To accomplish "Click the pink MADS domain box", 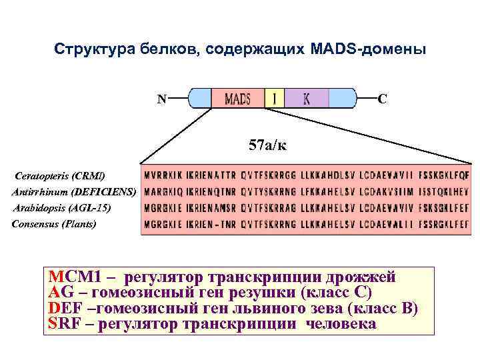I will pyautogui.click(x=238, y=99).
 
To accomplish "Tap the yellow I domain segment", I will pyautogui.click(x=275, y=99).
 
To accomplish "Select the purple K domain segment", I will pyautogui.click(x=307, y=99).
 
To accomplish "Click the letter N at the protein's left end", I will pyautogui.click(x=161, y=99).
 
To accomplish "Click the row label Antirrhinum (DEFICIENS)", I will pyautogui.click(x=73, y=192).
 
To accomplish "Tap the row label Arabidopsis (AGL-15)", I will pyautogui.click(x=62, y=208).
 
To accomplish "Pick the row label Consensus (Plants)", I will pyautogui.click(x=54, y=223).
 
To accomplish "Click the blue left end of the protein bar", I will pyautogui.click(x=199, y=99).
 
